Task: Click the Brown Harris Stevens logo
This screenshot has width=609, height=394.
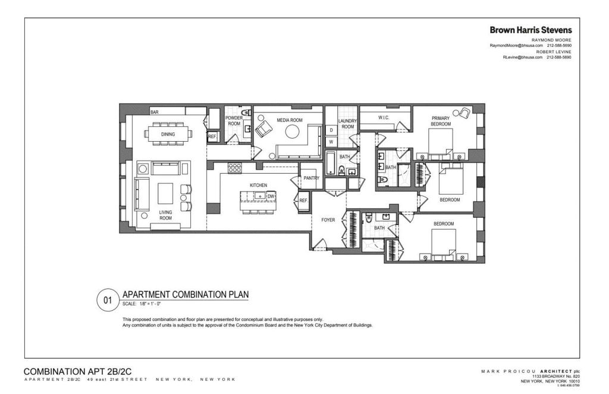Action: (x=530, y=29)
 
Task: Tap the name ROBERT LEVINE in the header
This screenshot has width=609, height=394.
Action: (x=554, y=52)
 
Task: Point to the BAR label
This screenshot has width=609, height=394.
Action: (x=154, y=112)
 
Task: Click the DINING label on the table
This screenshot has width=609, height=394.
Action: (x=168, y=135)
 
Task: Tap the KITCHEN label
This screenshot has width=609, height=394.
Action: (x=258, y=185)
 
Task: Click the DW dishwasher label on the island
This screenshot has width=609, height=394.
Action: (x=271, y=196)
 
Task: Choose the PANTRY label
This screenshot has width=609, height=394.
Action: (x=312, y=178)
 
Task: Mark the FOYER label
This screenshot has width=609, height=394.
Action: (x=328, y=220)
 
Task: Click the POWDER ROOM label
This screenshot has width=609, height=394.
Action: (x=234, y=121)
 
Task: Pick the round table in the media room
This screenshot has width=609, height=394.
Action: (x=292, y=133)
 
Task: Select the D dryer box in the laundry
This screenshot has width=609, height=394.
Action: (x=331, y=130)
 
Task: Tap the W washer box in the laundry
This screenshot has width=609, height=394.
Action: (x=331, y=142)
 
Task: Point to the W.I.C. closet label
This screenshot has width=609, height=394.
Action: (x=384, y=118)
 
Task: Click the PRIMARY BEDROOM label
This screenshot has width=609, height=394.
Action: (x=441, y=121)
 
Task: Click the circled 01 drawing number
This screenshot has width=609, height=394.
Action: (x=107, y=300)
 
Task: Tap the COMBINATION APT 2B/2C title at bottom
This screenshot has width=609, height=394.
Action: (x=77, y=371)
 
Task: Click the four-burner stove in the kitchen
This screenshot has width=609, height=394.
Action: (x=235, y=168)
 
